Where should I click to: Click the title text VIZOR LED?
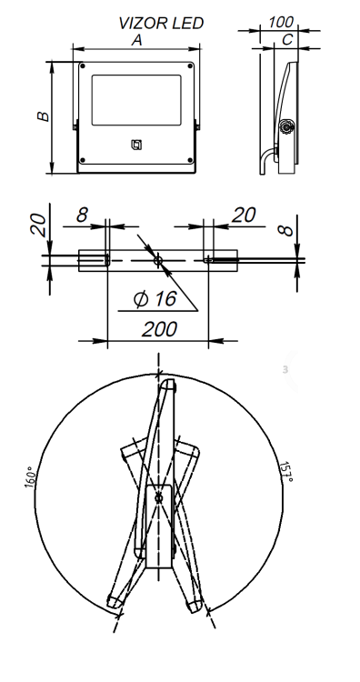click(161, 24)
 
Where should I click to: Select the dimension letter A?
click(137, 40)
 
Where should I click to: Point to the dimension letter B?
click(44, 116)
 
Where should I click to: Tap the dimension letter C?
click(288, 40)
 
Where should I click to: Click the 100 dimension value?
click(281, 22)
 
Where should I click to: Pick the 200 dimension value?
click(160, 329)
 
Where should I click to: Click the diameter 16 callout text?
click(155, 299)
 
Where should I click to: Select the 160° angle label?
click(30, 477)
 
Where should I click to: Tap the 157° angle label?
click(285, 471)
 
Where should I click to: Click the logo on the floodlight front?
click(136, 145)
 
